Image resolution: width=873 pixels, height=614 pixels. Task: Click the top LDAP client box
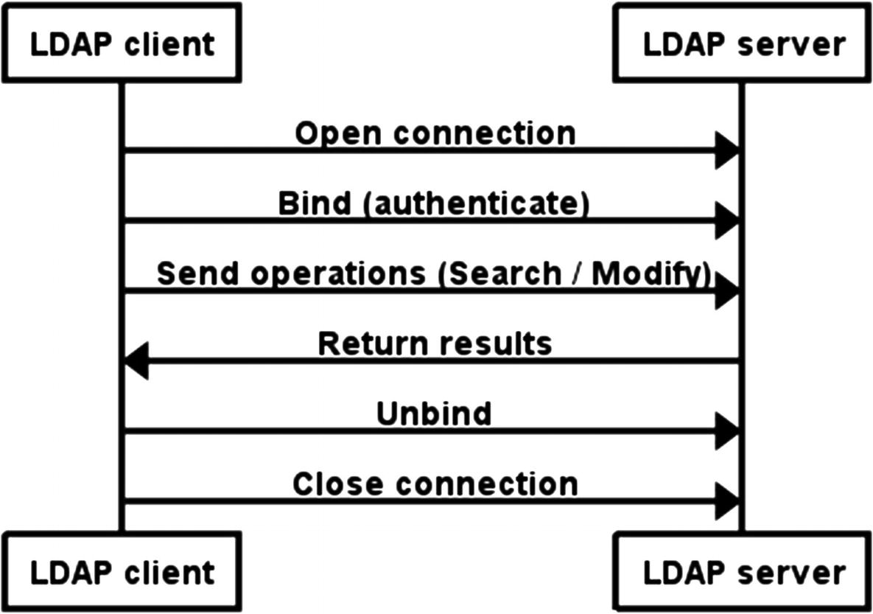(121, 43)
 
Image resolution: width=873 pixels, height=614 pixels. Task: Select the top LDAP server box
(743, 43)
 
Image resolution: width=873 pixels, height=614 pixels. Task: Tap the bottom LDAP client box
(121, 572)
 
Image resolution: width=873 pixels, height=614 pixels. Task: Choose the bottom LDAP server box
(743, 572)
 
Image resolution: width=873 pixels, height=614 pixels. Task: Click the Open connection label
(435, 133)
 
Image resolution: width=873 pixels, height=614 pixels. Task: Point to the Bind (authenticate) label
(434, 203)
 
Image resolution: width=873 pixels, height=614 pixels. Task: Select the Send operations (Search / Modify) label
(434, 273)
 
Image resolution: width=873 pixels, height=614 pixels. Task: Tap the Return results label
(435, 343)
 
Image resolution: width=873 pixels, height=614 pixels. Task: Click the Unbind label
(434, 414)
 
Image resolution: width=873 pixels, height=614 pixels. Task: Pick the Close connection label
(435, 484)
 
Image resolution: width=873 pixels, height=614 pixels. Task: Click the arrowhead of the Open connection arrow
(727, 151)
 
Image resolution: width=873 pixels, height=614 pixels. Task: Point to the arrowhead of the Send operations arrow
(727, 291)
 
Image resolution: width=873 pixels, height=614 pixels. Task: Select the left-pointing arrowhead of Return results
(137, 361)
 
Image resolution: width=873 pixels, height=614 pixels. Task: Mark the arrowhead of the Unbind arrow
(727, 431)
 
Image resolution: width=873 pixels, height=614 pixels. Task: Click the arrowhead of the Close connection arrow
(727, 502)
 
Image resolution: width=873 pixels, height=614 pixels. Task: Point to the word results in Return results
(502, 343)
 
